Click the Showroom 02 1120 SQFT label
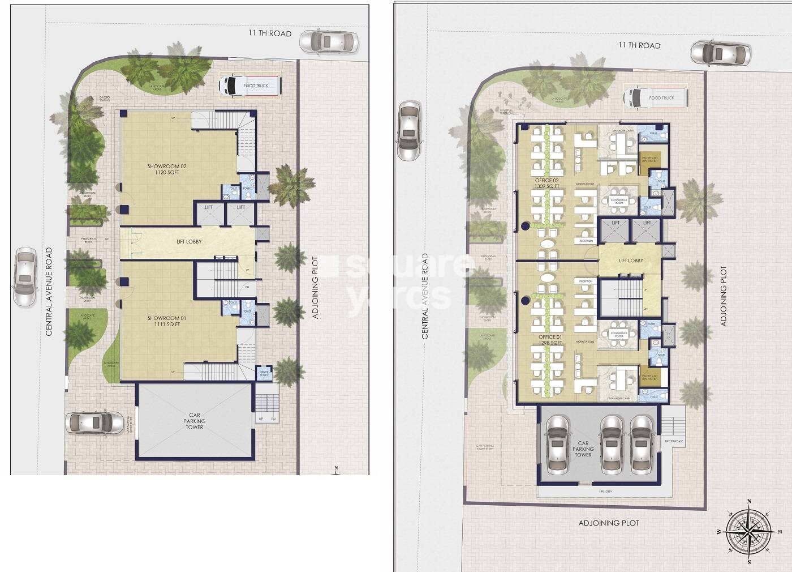tap(167, 169)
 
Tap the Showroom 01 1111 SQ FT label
tap(167, 321)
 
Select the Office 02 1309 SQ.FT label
tap(546, 183)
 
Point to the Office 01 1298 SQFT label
tap(550, 340)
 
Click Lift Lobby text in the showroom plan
tap(189, 242)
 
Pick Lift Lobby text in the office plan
tap(631, 261)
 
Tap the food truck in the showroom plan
tap(250, 86)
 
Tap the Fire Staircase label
tap(674, 441)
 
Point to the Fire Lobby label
tap(605, 492)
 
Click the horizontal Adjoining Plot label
tap(609, 523)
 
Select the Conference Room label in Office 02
tap(619, 201)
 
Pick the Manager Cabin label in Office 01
tap(619, 399)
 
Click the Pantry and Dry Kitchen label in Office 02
tap(650, 160)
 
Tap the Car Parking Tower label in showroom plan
tap(195, 421)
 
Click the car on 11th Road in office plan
tap(721, 54)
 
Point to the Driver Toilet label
tap(264, 373)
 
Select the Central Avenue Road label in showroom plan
tap(49, 292)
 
